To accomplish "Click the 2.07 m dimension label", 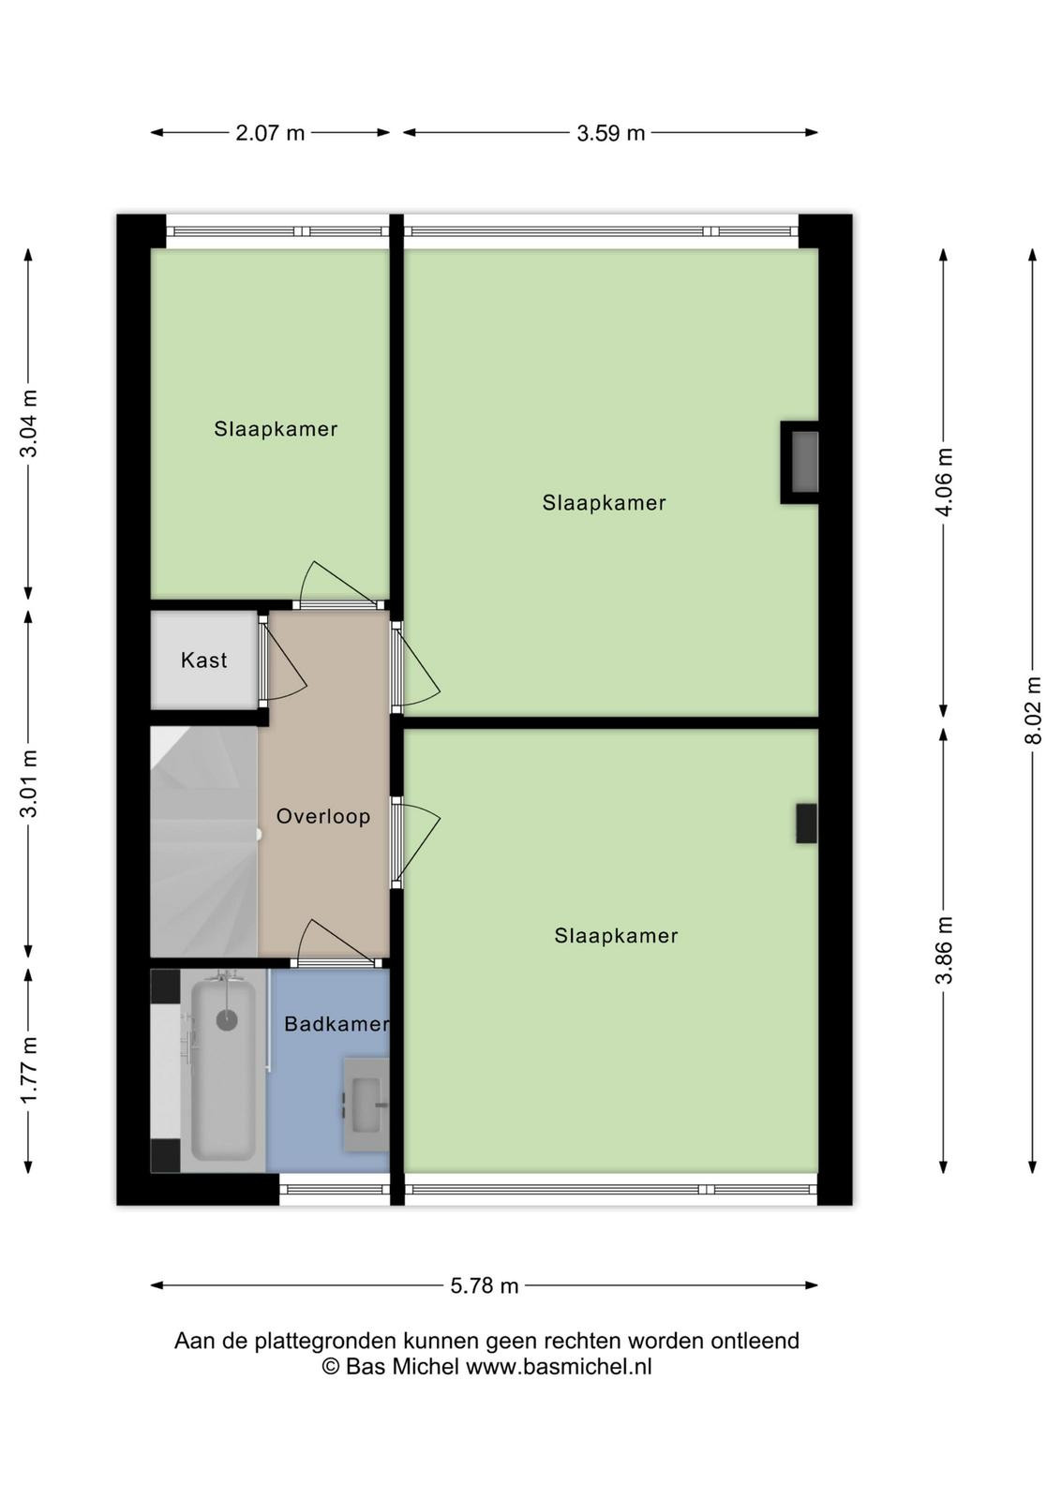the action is [x=270, y=133].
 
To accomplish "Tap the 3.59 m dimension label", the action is [x=610, y=133].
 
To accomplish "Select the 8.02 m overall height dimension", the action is [x=1034, y=710].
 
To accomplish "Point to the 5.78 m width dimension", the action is [x=484, y=1285].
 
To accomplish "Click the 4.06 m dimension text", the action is [x=944, y=482].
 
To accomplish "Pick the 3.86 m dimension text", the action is [x=944, y=950].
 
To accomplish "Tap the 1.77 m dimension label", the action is [x=28, y=1071].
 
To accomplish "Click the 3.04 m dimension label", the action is [x=28, y=423].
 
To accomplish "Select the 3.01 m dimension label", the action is [x=28, y=783].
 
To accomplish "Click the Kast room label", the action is [x=204, y=660].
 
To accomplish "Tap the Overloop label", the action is [x=323, y=816].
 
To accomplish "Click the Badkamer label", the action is [x=336, y=1023].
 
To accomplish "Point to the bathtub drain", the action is [x=227, y=1020].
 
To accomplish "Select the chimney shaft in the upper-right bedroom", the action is [x=799, y=463].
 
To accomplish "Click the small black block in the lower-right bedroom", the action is [x=806, y=824].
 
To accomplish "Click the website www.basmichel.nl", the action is [x=559, y=1366].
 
